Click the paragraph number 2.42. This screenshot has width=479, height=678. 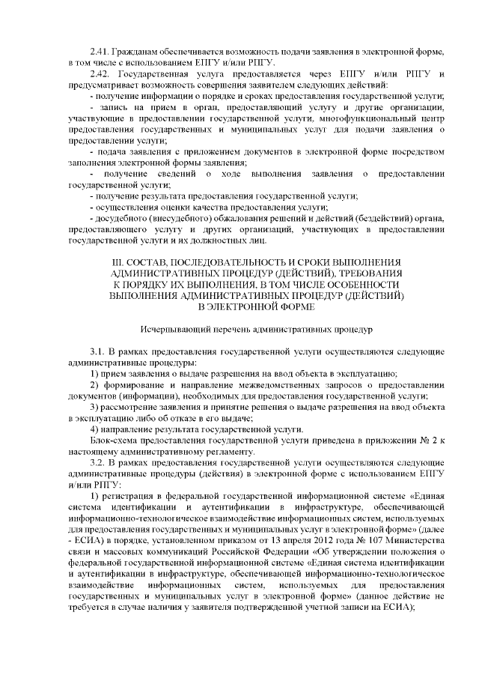click(99, 76)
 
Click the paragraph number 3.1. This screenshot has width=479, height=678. click(99, 351)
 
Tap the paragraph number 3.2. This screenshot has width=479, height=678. click(99, 463)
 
